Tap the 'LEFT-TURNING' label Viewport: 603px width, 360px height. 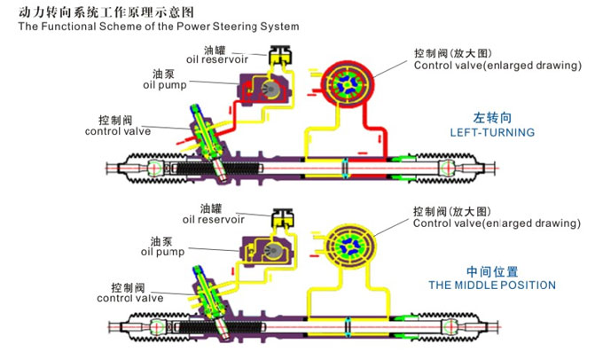492,132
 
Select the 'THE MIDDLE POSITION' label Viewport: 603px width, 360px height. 491,286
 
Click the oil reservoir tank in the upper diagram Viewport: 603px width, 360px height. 282,55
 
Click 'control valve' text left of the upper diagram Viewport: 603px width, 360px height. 118,131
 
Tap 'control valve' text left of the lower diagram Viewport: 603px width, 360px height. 118,298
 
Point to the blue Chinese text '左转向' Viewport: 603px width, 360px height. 492,117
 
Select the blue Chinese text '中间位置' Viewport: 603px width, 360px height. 491,271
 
